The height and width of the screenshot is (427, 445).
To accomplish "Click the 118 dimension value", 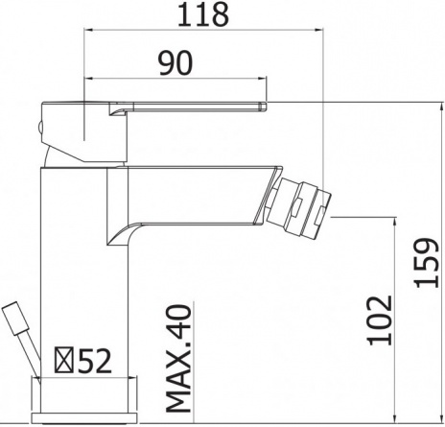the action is click(x=203, y=14).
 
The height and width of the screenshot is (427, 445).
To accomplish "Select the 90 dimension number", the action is click(x=176, y=63).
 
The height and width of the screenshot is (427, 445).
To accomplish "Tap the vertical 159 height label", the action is click(x=426, y=263).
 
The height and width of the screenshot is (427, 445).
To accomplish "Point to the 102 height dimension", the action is click(x=380, y=320).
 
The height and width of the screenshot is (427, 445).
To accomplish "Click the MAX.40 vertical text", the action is click(x=178, y=359).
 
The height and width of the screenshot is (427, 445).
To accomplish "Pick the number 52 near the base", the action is click(x=95, y=361).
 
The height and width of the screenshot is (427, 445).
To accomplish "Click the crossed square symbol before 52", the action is click(x=64, y=360).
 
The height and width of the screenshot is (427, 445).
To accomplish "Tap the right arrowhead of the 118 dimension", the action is click(x=318, y=30).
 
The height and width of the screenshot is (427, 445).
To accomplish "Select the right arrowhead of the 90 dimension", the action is click(x=262, y=78).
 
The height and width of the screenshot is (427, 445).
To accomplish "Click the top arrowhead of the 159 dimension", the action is click(x=442, y=107).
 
